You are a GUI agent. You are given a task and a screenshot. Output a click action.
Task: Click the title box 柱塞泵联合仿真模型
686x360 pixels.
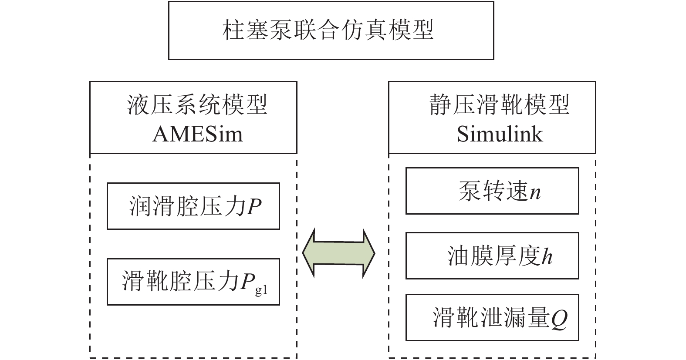click(x=331, y=30)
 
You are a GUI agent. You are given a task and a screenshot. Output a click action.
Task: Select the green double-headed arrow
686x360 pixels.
click(x=338, y=252)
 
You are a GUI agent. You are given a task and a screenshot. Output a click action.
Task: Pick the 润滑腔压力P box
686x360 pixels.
click(x=193, y=206)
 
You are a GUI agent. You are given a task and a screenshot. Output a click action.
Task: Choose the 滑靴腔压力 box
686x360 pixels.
click(x=193, y=282)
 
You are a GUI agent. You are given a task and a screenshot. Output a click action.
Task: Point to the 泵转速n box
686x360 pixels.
click(x=492, y=191)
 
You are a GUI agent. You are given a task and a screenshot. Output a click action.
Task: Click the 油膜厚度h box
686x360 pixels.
click(x=492, y=256)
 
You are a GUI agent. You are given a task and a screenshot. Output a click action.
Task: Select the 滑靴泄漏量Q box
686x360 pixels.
click(x=492, y=317)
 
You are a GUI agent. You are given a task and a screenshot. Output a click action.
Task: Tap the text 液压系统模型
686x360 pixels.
click(x=197, y=105)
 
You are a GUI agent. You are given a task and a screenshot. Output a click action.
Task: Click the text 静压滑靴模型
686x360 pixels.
click(x=500, y=105)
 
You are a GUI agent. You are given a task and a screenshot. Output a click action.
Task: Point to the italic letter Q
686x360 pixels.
click(x=559, y=319)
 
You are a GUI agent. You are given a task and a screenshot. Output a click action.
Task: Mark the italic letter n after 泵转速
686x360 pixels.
click(x=535, y=192)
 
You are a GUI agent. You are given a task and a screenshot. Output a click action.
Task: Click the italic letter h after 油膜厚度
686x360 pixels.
click(x=547, y=256)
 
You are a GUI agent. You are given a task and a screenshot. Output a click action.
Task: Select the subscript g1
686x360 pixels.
click(x=261, y=290)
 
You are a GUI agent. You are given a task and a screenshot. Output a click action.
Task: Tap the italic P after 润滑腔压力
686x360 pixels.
click(x=254, y=206)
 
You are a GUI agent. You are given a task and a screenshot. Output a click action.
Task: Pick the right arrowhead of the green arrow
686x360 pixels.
click(x=368, y=252)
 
